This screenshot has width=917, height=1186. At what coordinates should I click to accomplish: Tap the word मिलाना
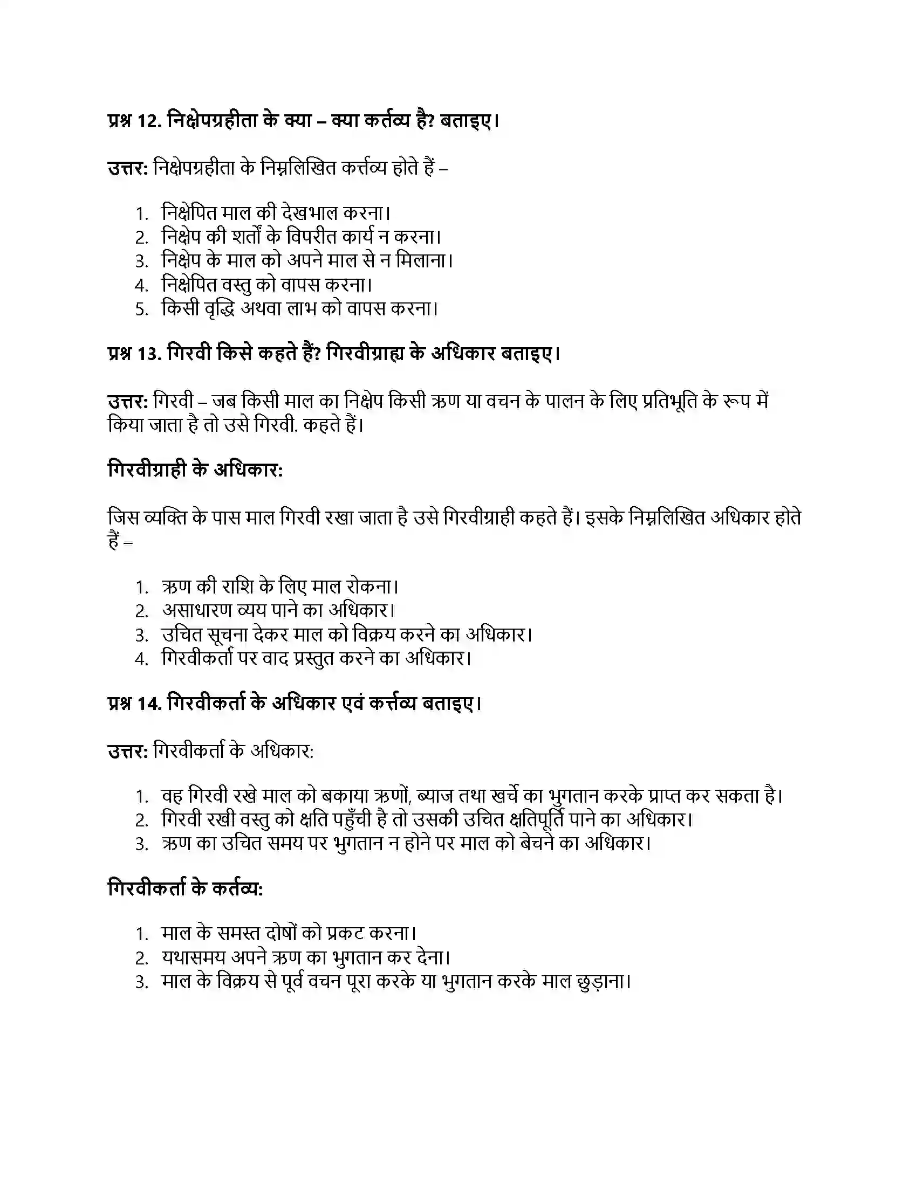pyautogui.click(x=423, y=261)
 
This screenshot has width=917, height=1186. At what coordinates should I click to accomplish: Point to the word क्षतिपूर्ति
pyautogui.click(x=547, y=819)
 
